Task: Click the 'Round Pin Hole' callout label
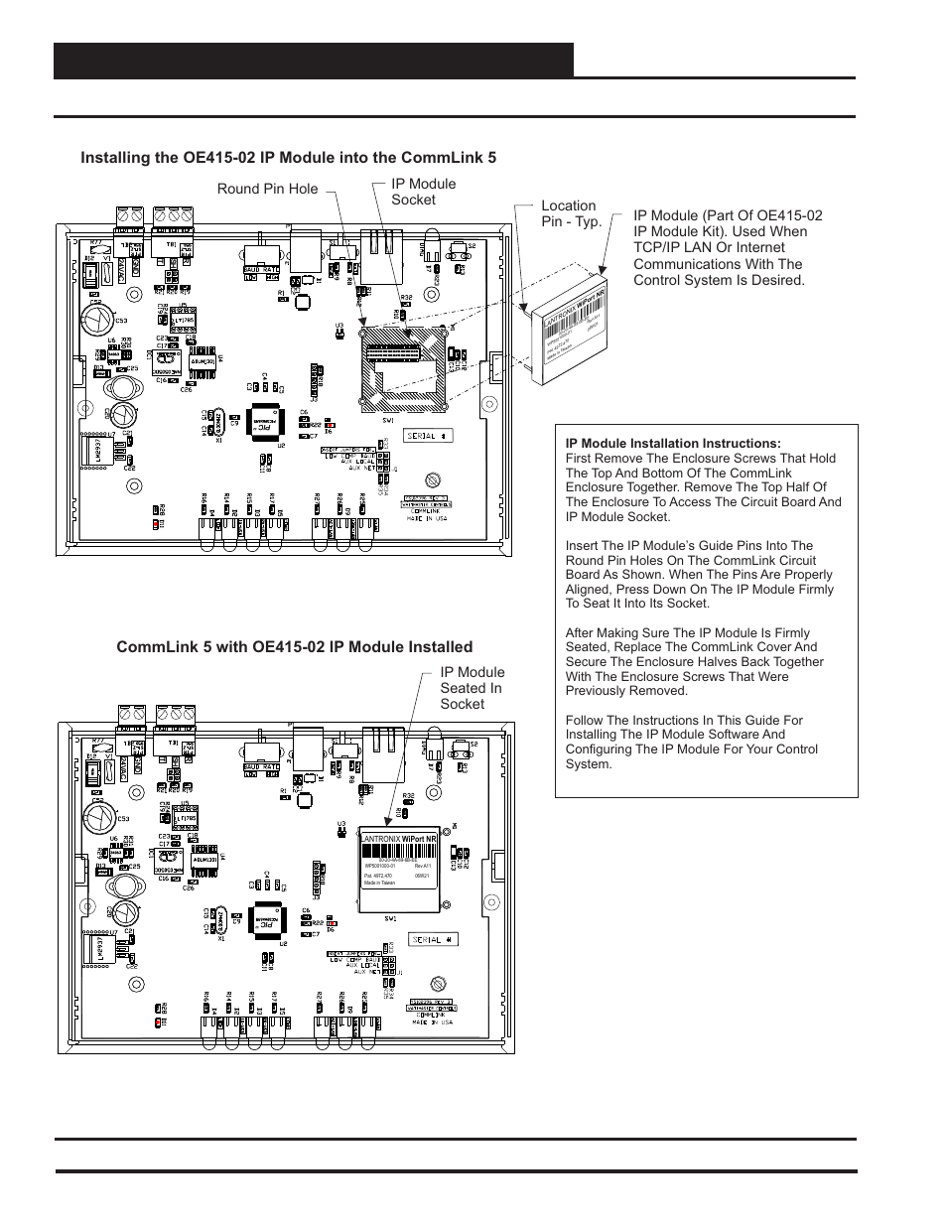(x=267, y=189)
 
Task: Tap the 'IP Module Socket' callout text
(x=423, y=192)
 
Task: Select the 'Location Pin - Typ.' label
(x=571, y=213)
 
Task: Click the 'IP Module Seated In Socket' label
(x=472, y=688)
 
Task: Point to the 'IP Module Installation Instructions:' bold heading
(x=673, y=444)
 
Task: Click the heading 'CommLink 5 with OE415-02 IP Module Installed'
(x=294, y=647)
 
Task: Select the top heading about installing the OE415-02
(x=288, y=158)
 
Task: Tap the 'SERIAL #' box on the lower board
(x=434, y=939)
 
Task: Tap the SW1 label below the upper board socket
(x=387, y=420)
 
